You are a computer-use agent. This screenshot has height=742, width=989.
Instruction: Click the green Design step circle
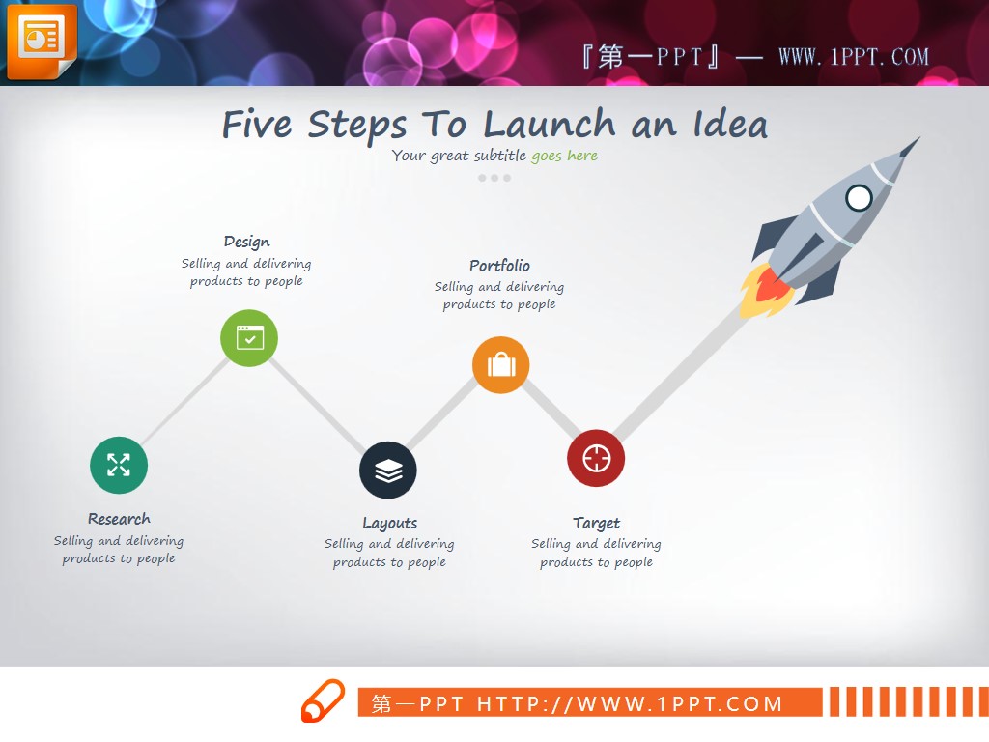coord(249,338)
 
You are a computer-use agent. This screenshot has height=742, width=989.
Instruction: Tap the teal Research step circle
coord(119,465)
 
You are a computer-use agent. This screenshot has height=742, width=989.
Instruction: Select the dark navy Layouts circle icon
coord(388,471)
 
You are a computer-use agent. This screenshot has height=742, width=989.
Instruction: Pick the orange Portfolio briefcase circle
coord(501,364)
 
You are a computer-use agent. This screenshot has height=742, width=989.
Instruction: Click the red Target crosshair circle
coord(596,458)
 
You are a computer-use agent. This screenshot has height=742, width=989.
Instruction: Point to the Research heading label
coord(119,519)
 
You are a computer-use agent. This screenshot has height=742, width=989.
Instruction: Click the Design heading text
coord(246,242)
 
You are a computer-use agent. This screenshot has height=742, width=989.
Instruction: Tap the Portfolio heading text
coord(499,265)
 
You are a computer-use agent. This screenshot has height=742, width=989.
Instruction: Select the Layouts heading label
coord(390,523)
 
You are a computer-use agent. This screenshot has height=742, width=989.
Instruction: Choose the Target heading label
coord(597,523)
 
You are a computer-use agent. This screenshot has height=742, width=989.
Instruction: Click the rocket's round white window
coord(859,198)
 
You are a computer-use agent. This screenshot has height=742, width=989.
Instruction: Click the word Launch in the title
coord(549,124)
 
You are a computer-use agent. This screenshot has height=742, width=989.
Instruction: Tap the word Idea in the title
coord(730,124)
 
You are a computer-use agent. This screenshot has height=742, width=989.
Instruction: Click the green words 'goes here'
coord(564,156)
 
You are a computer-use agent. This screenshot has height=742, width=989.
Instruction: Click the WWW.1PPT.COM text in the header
coord(854,57)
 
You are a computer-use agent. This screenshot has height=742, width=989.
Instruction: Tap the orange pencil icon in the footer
coord(323,700)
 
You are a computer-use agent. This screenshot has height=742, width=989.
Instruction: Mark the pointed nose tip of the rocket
coord(919,137)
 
